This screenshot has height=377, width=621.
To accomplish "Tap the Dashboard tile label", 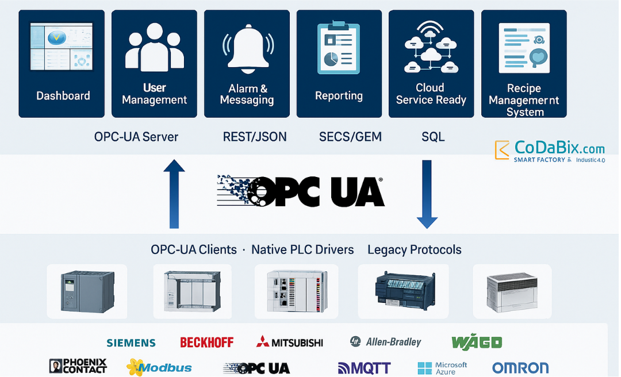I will (x=63, y=96).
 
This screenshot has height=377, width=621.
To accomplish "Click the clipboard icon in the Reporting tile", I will (x=339, y=49).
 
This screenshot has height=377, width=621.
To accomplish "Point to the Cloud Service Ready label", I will (x=431, y=94).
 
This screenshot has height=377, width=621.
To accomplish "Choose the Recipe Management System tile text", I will (x=524, y=100).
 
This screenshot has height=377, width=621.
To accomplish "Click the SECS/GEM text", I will (x=350, y=137).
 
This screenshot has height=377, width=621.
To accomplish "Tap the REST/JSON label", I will (x=255, y=137).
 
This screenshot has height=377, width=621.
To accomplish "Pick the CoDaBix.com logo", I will (x=550, y=151).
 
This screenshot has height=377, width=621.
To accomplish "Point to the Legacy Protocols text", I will (x=414, y=249).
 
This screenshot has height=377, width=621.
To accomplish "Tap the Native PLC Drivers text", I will (x=302, y=249).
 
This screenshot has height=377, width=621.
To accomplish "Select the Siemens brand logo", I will (x=131, y=343).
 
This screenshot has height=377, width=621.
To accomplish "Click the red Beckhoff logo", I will (x=207, y=343).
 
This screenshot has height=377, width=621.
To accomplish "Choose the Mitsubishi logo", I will (x=290, y=343).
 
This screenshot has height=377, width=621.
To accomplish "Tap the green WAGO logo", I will (x=477, y=343).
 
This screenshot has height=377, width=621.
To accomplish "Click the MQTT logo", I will (x=365, y=368).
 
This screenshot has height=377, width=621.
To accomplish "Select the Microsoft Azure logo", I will (x=443, y=368).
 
